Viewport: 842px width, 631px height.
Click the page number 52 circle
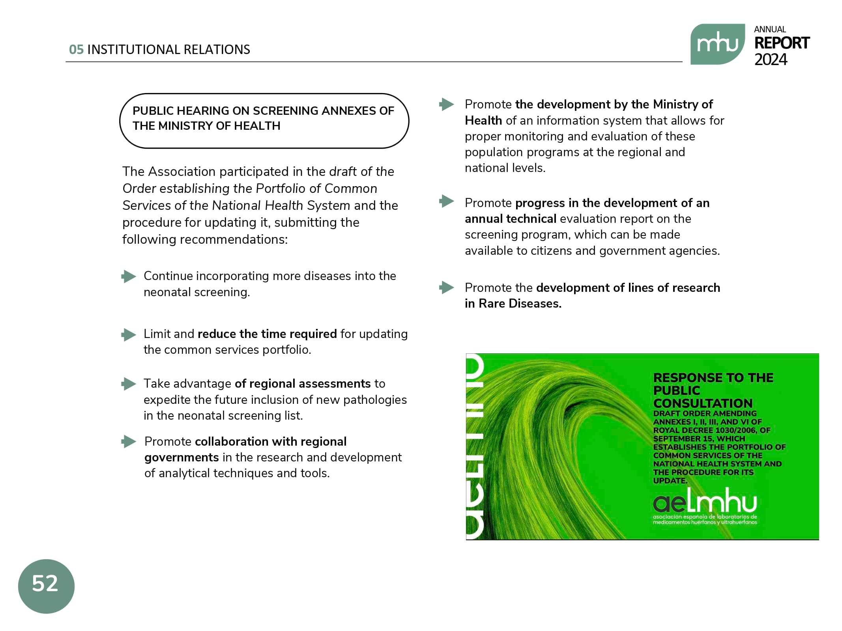click(46, 586)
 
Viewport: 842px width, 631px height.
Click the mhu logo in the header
click(717, 44)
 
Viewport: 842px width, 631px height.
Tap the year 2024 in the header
click(771, 60)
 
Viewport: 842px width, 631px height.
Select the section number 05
click(76, 50)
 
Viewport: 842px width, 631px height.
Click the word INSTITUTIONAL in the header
click(133, 50)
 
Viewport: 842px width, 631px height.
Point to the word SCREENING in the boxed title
click(286, 111)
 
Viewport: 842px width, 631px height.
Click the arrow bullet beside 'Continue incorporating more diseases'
click(129, 276)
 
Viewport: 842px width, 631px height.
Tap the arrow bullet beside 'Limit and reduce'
click(129, 334)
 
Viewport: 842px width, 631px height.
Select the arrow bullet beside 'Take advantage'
click(129, 384)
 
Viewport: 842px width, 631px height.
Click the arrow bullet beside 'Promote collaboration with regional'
click(129, 441)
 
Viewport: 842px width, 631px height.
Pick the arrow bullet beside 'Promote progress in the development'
click(447, 201)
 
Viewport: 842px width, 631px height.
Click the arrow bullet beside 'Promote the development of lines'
click(447, 287)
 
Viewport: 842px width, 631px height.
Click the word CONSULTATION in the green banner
click(703, 403)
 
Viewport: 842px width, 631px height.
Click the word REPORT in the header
click(782, 43)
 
